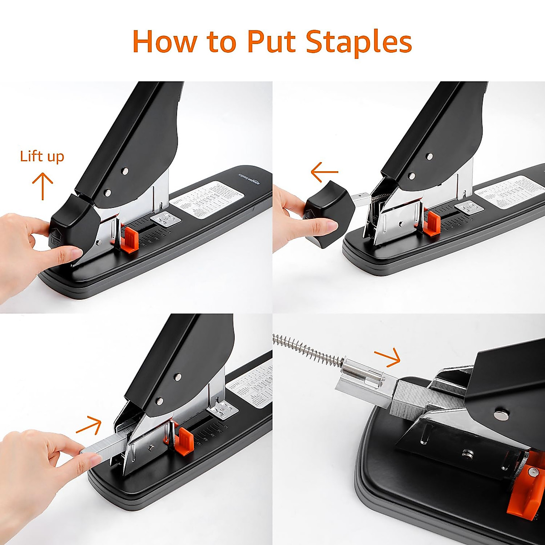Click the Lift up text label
42,157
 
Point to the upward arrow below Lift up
43,186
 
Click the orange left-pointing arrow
324,172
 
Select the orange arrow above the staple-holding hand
89,425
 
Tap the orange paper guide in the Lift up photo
131,238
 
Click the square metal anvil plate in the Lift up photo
165,219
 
